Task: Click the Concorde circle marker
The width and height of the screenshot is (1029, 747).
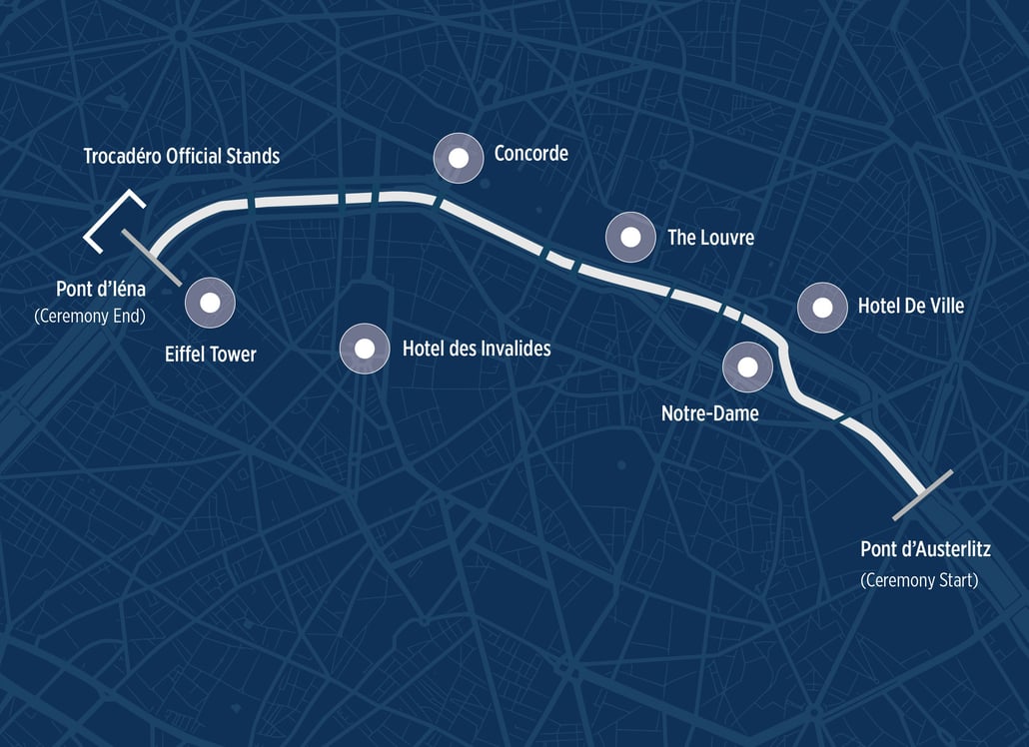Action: point(459,158)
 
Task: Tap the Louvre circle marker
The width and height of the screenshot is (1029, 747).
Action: point(630,238)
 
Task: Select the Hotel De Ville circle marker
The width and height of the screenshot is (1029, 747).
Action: point(822,308)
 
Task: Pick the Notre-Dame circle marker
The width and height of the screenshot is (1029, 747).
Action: point(747,367)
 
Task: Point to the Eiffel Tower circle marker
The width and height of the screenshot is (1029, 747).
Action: point(210,302)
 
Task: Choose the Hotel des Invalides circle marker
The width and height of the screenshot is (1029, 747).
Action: point(365,349)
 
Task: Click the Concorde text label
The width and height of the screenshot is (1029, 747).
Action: point(530,153)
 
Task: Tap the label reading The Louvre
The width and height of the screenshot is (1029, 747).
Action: point(710,238)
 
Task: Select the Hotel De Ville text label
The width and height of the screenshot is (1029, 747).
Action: point(910,306)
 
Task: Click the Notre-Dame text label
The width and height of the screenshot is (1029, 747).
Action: point(709,412)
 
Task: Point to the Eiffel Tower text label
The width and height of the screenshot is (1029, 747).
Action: point(210,354)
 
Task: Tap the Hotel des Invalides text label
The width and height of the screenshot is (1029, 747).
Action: point(476,349)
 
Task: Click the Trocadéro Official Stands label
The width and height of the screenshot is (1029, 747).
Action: point(181,156)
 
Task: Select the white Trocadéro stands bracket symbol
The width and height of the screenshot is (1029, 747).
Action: point(112,222)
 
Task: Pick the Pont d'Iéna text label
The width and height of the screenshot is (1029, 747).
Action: point(101,290)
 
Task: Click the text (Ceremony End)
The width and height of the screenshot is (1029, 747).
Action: point(90,316)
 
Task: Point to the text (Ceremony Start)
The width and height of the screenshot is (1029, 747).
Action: point(919,580)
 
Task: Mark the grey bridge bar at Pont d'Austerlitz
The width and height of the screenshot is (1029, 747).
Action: point(922,495)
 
